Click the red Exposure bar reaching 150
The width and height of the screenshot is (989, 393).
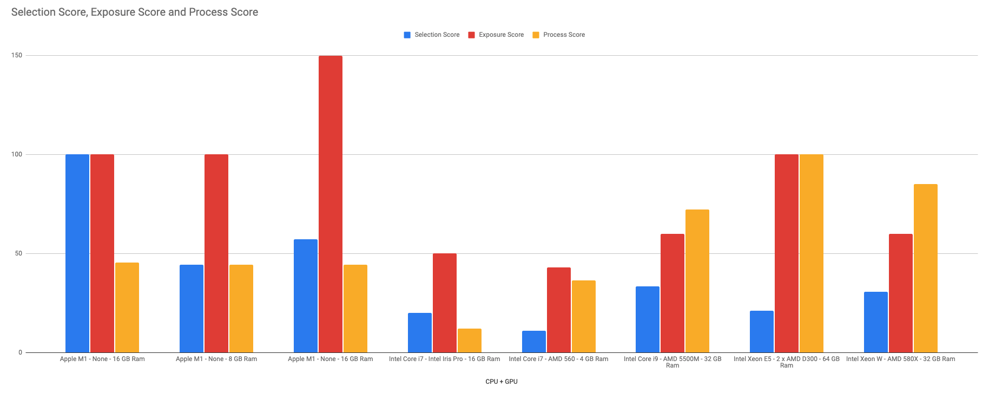(x=330, y=204)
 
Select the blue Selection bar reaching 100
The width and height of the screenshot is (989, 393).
(x=77, y=253)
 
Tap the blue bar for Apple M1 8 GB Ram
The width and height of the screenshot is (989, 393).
(x=192, y=309)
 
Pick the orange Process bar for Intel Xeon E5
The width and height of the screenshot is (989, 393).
(x=812, y=253)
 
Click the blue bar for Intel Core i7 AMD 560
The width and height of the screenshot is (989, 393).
(x=534, y=342)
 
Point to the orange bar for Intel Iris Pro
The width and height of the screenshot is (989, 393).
(x=470, y=340)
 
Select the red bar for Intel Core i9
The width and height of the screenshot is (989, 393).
(x=672, y=293)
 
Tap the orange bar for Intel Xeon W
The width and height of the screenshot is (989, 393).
(x=926, y=268)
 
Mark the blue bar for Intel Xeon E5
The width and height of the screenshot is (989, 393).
(x=762, y=332)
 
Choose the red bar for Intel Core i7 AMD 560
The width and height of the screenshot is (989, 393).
(x=559, y=310)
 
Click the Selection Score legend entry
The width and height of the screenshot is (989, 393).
(x=431, y=35)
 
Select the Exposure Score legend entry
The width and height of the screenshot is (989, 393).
(x=496, y=35)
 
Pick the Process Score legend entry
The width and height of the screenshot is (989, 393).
(x=559, y=35)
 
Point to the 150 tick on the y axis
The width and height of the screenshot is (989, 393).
(x=17, y=55)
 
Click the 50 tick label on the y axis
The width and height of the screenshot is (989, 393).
(x=18, y=253)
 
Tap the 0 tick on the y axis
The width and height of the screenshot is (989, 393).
(x=21, y=352)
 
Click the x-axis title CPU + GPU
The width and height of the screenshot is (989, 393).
(x=502, y=382)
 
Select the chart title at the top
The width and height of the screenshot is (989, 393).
(x=135, y=12)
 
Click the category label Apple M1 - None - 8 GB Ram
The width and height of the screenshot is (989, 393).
(x=216, y=359)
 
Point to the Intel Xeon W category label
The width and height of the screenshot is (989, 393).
(x=901, y=359)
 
